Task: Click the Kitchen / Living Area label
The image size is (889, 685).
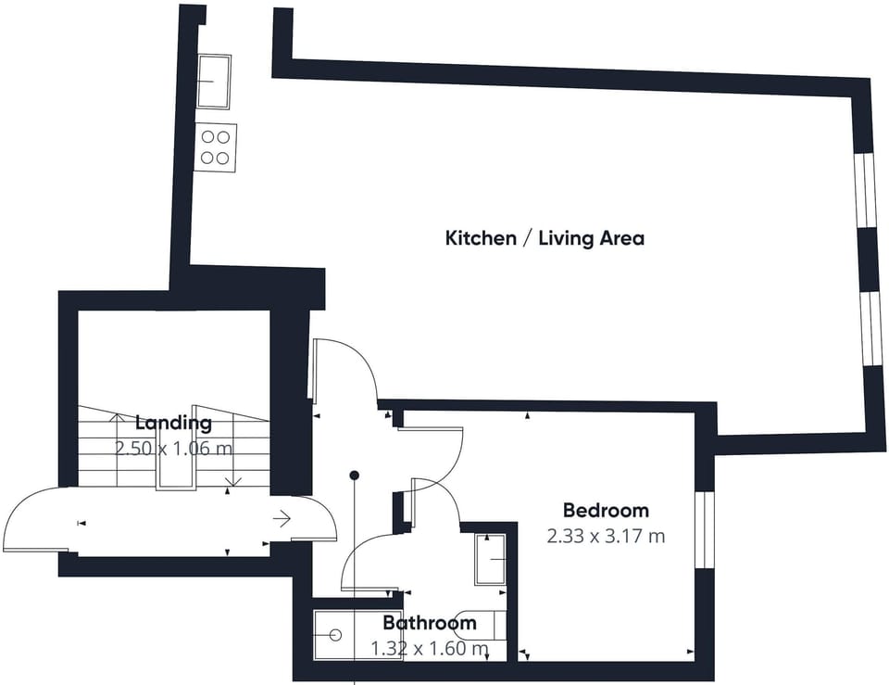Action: pos(545,238)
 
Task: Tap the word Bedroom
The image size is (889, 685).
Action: pos(606,510)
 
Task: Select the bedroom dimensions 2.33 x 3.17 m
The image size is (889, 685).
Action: pos(606,536)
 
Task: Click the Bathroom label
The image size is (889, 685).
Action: pos(430,623)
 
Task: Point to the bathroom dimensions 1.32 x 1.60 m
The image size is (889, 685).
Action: pos(430,648)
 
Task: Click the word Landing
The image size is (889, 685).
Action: pos(173,423)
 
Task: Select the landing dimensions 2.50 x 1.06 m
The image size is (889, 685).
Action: pos(173,449)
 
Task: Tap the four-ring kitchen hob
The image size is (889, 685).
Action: pos(216,147)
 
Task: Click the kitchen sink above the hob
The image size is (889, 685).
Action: pos(214,82)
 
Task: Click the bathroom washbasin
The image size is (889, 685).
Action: pos(491,560)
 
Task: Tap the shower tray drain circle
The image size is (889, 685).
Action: pos(335,635)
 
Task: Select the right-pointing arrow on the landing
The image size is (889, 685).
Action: pos(282,518)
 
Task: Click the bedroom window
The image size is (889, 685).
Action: pos(705,529)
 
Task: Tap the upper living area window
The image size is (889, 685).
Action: pos(865,190)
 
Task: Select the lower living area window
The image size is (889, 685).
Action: pos(870,330)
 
